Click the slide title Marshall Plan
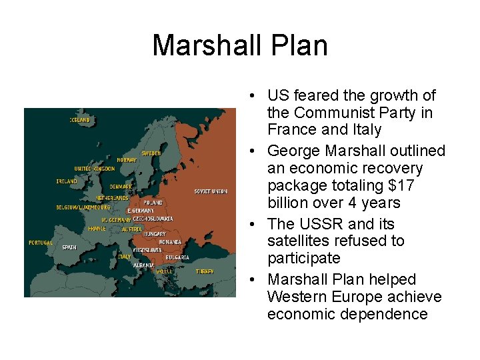[240, 46]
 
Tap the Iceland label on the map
[80, 120]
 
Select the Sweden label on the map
[151, 153]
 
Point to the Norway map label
[127, 160]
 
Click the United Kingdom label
[95, 169]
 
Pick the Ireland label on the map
[67, 181]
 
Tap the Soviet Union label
[211, 191]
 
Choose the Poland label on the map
[153, 202]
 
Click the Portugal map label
[41, 243]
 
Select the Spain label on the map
[69, 247]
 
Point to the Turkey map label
[205, 271]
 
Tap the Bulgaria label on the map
[177, 257]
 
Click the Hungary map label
[155, 234]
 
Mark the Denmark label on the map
[121, 187]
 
